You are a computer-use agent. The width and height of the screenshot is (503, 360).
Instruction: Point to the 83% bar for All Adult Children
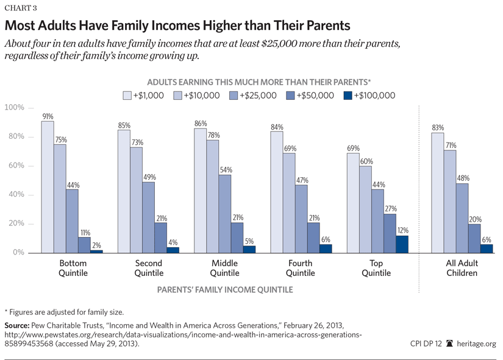[x=437, y=192]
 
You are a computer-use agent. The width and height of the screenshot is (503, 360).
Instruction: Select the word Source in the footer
[x=18, y=325]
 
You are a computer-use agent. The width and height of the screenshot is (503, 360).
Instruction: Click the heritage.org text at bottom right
[x=475, y=344]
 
